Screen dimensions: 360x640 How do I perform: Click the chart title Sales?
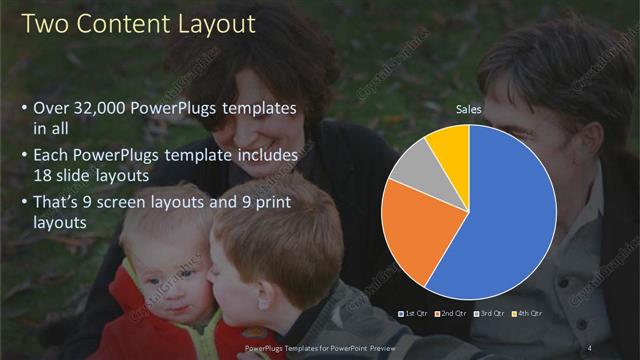coord(469,108)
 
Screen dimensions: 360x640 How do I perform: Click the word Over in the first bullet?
coord(52,108)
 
